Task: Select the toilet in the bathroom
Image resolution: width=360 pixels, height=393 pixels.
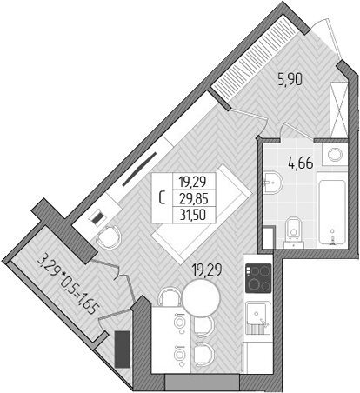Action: click(293, 230)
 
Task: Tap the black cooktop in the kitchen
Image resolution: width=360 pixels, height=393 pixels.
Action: click(259, 277)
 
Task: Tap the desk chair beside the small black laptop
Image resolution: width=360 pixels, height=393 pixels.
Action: click(111, 235)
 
